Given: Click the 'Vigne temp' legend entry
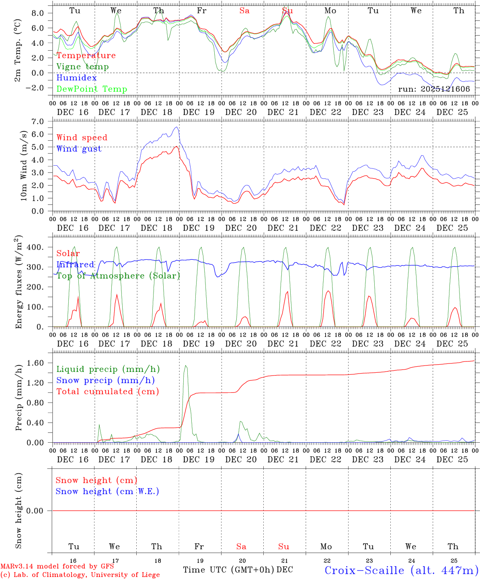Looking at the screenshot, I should tap(82, 67).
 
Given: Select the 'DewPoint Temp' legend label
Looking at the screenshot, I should tap(92, 89).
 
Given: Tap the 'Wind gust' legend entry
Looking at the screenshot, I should tap(79, 149).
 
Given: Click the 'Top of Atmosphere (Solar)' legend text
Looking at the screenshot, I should tap(118, 276).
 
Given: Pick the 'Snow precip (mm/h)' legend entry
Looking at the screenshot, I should tap(105, 380).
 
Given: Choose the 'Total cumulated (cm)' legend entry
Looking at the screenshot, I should tap(107, 392).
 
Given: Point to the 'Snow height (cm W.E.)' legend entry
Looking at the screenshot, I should tap(107, 491).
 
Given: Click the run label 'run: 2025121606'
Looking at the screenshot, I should tap(434, 89).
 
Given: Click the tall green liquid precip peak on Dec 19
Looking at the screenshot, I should tap(185, 365).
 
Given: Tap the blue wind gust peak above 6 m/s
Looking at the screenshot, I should tap(176, 127).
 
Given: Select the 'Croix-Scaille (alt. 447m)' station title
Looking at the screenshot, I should tap(401, 570).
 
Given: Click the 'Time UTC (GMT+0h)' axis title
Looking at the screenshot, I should tap(228, 570).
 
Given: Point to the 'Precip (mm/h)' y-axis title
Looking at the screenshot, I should tap(19, 398).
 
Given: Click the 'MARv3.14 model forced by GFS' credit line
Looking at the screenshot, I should tap(57, 567).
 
